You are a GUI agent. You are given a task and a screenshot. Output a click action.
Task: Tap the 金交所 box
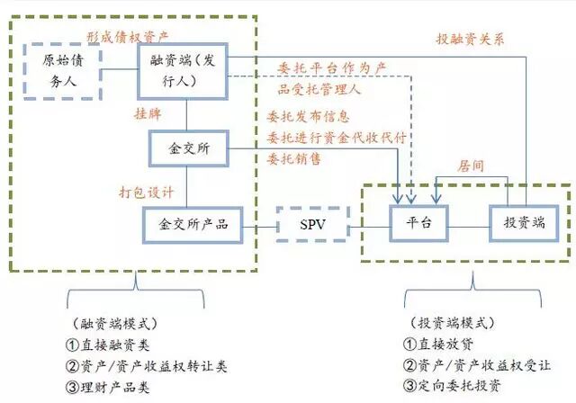pos(188,148)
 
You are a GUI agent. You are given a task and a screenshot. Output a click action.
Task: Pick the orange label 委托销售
pos(294,158)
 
